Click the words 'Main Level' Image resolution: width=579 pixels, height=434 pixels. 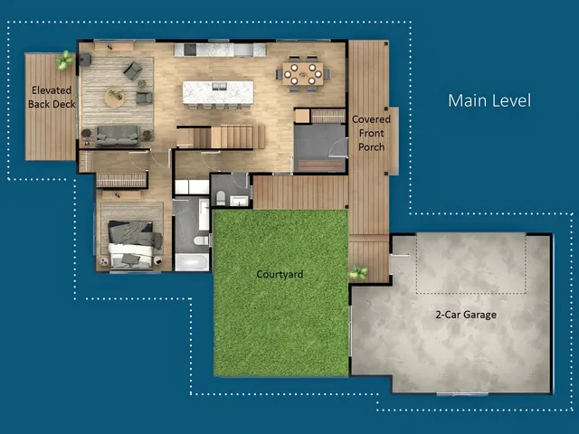[489, 100]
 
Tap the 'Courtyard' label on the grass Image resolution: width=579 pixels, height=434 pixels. [280, 274]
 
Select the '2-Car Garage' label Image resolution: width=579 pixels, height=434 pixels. [466, 315]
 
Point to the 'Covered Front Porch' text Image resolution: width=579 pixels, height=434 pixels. [370, 133]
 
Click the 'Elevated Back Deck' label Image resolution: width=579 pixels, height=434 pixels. [52, 98]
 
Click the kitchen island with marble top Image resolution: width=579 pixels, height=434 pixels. [217, 91]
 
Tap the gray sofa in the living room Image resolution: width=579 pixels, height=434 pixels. [118, 136]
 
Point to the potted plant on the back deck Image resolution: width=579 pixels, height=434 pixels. [65, 61]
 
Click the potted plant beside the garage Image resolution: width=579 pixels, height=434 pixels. [358, 272]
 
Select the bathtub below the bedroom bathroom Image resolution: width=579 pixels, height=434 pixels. [191, 262]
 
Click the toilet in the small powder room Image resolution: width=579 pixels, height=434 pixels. [219, 198]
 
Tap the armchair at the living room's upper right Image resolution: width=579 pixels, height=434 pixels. [133, 70]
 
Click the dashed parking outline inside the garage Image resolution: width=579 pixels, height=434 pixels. [470, 263]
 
